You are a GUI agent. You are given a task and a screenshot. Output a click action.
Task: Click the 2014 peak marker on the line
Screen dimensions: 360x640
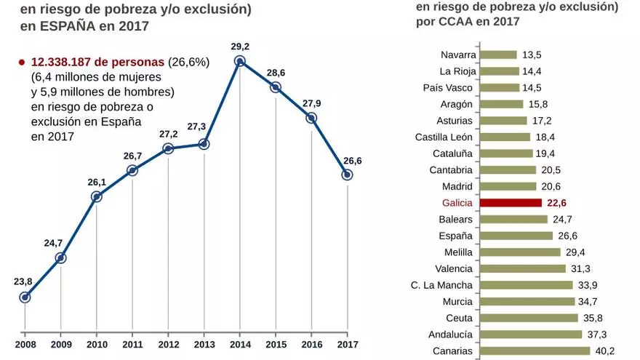pos(239,62)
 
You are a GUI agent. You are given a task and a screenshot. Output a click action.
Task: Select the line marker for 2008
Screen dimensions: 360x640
pos(25,297)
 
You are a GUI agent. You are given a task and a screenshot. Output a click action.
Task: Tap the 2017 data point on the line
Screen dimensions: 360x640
pos(347,175)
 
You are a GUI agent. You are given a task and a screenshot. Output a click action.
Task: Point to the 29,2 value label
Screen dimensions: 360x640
pos(240,47)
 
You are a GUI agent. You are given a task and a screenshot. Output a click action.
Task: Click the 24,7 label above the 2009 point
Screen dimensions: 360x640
pos(53,243)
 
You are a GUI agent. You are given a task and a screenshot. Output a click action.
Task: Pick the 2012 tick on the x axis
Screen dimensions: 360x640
pos(168,343)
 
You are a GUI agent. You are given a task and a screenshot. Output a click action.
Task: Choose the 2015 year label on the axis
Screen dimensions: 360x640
pos(276,343)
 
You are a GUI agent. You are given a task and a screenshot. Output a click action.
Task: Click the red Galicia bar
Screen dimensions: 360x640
pos(511,203)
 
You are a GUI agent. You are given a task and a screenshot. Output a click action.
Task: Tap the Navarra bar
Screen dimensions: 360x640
pos(499,55)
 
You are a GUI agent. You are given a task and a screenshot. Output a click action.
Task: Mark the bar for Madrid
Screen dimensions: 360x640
pos(508,186)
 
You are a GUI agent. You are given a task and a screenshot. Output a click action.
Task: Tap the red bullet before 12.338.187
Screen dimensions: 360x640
pos(22,63)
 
